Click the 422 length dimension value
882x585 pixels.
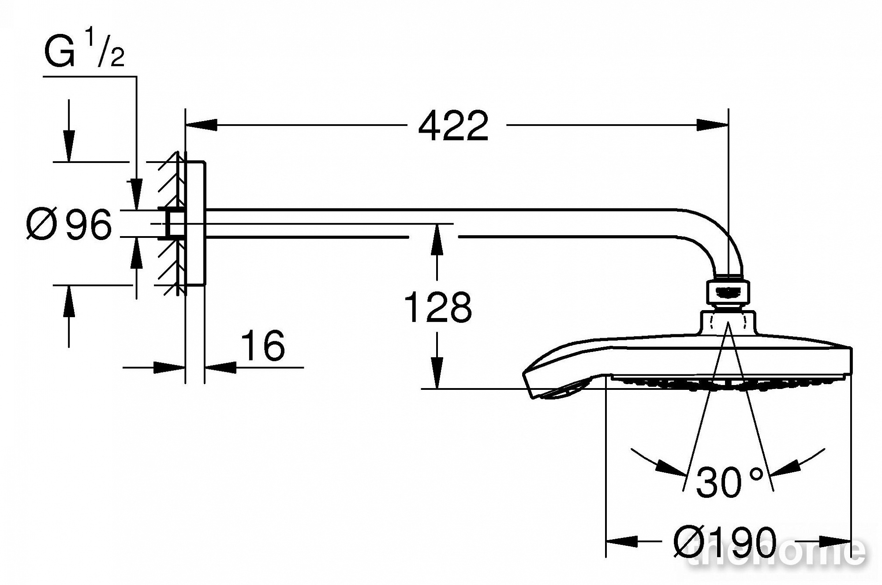click(x=453, y=126)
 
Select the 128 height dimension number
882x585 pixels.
click(x=438, y=307)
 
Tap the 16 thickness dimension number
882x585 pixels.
click(x=263, y=345)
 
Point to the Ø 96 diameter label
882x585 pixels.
click(x=69, y=225)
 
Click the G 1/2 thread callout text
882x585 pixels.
click(x=84, y=52)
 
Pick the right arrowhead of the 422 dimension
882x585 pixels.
click(x=712, y=125)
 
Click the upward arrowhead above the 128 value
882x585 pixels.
click(x=437, y=240)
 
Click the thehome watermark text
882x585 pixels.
click(x=776, y=552)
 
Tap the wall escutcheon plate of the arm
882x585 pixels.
click(x=195, y=223)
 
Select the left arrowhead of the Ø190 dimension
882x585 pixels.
click(x=622, y=541)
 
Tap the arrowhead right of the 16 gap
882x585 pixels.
click(x=220, y=367)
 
